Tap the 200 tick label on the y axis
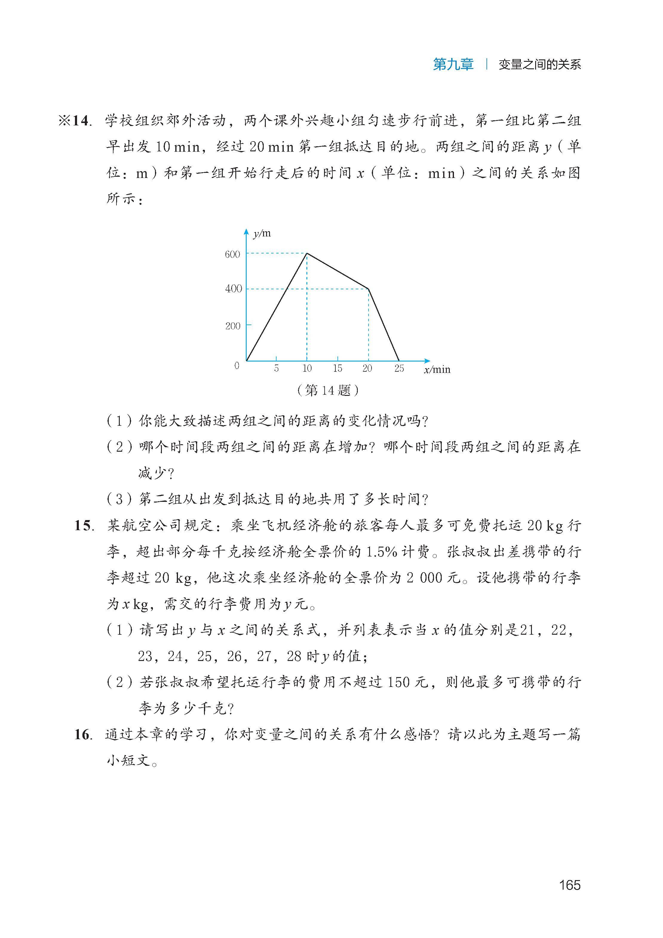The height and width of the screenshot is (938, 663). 233,326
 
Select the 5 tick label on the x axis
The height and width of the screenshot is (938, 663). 276,368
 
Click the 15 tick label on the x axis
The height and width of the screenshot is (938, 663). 337,368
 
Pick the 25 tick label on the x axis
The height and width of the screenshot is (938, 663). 399,368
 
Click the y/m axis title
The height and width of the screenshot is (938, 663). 262,234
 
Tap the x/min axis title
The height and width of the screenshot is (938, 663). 437,370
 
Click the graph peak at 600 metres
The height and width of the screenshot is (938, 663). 307,253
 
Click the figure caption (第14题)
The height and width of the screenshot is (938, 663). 328,390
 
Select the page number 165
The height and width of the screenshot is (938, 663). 570,885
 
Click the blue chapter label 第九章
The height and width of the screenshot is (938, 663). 453,64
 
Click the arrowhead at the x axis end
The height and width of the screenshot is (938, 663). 428,361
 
